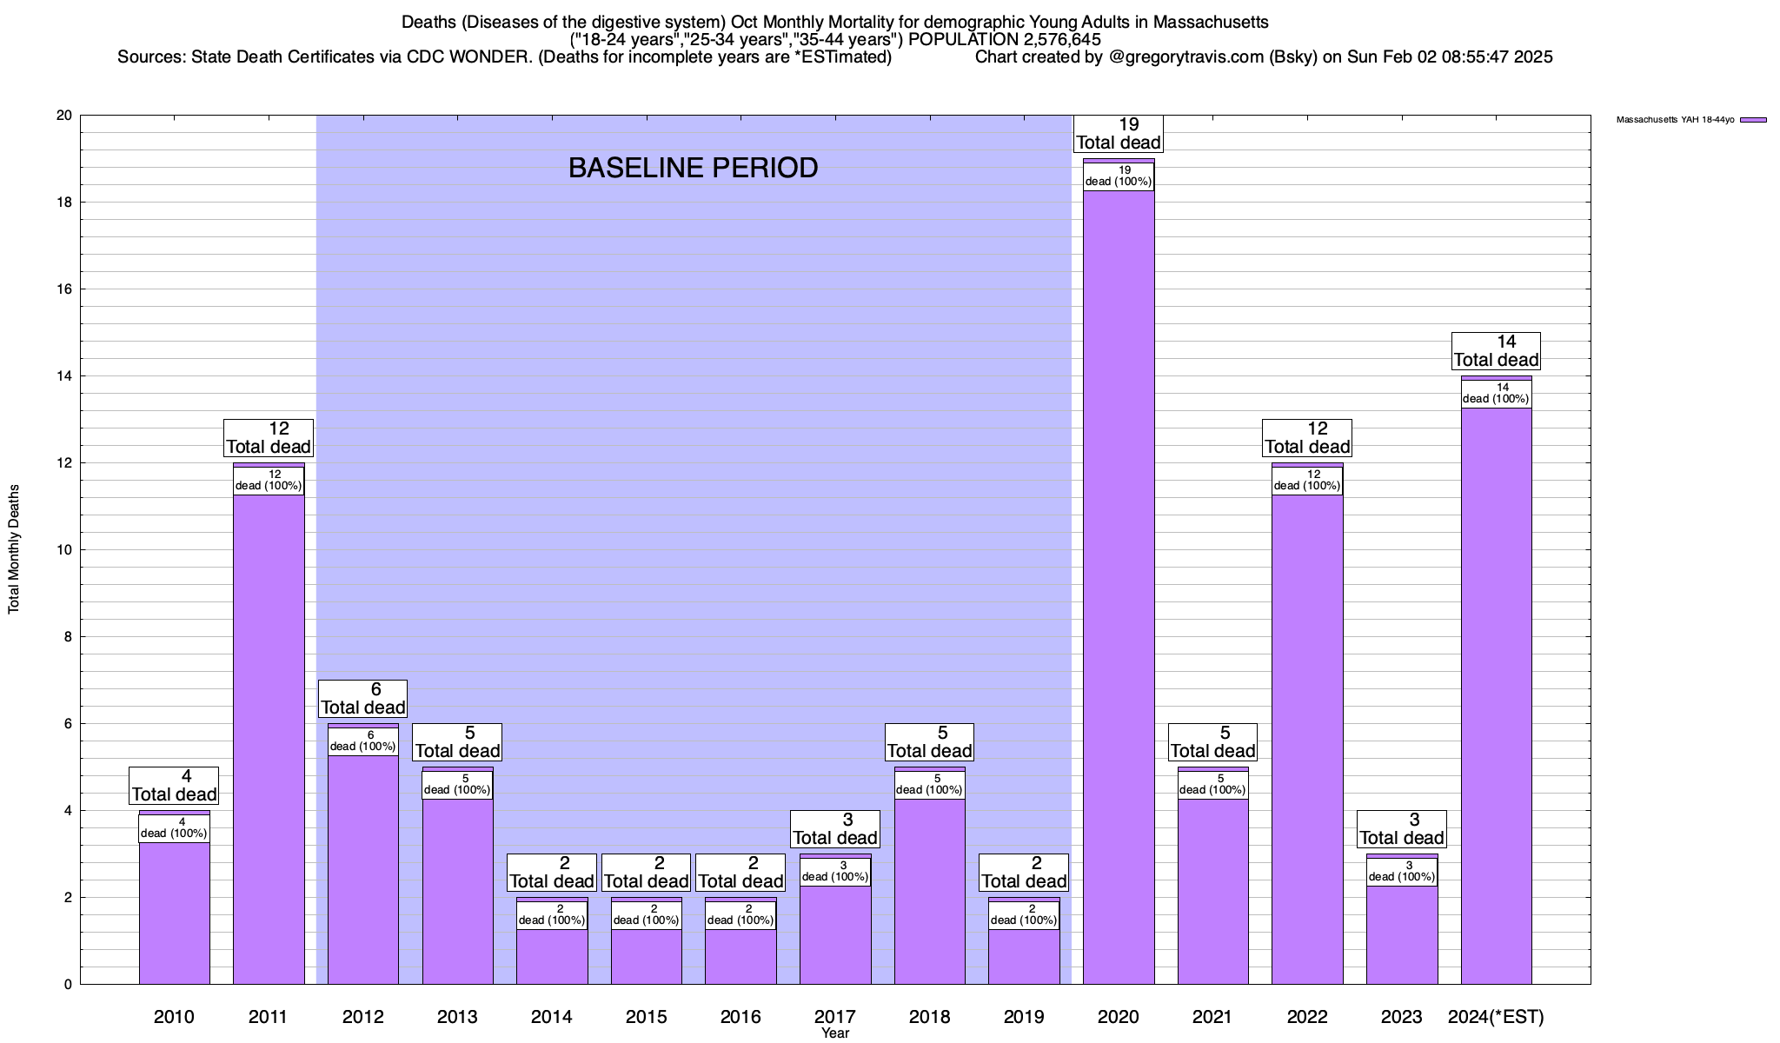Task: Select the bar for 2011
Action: pos(269,739)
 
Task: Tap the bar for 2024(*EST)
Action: pos(1496,695)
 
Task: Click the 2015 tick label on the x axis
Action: pos(646,1017)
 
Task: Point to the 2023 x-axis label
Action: pos(1401,1017)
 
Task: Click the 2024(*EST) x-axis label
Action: pos(1496,1017)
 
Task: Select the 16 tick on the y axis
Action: pos(66,289)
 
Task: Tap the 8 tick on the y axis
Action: pos(69,637)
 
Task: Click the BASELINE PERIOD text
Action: pos(693,168)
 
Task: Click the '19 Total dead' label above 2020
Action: pos(1119,134)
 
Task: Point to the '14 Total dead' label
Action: pos(1496,351)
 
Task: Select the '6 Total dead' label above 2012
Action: pos(362,699)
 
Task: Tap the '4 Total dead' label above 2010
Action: pos(174,786)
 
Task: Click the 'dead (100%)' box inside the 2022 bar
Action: pos(1307,481)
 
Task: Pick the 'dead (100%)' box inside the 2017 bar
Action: pos(835,872)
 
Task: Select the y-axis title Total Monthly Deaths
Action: pos(14,549)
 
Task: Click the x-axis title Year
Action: pos(835,1033)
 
